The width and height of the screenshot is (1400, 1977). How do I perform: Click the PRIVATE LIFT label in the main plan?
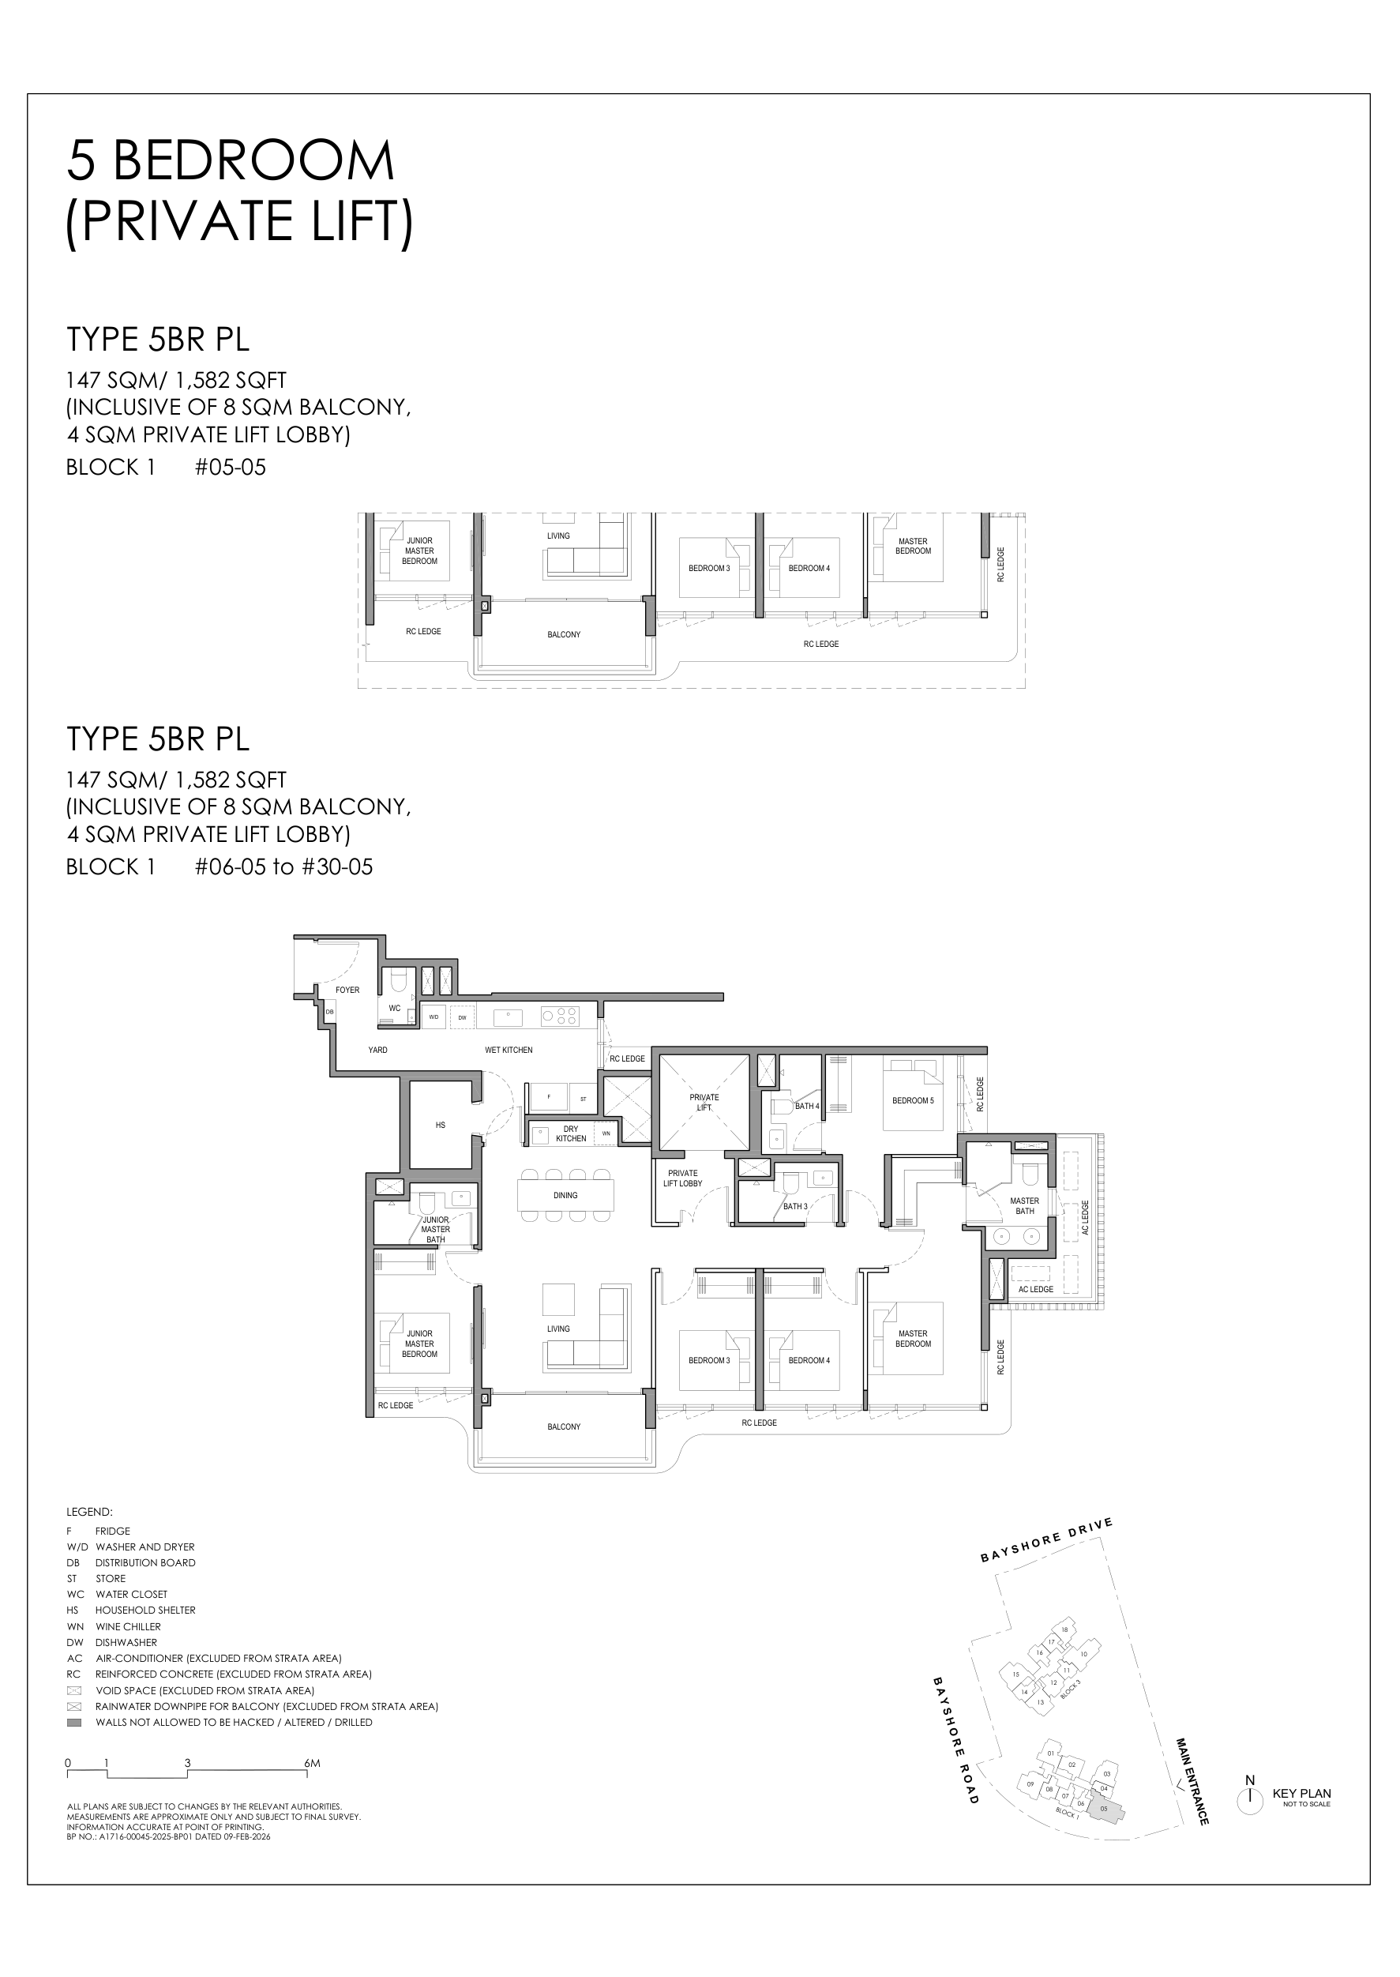click(x=704, y=1102)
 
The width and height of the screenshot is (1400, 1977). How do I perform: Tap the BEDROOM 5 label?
click(x=912, y=1100)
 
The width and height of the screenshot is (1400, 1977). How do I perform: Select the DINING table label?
click(x=565, y=1195)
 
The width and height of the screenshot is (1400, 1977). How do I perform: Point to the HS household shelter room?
click(x=441, y=1126)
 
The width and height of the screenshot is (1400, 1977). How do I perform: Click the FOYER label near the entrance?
click(x=347, y=990)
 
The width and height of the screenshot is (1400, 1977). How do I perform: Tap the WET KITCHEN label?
click(x=509, y=1051)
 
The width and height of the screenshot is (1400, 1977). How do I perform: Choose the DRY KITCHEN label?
click(x=571, y=1133)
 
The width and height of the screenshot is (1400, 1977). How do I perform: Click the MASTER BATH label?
click(x=1024, y=1205)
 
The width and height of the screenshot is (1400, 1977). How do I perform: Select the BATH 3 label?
click(x=795, y=1206)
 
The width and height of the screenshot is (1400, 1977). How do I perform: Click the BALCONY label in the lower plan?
click(x=564, y=1427)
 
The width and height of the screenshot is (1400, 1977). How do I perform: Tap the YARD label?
click(x=377, y=1051)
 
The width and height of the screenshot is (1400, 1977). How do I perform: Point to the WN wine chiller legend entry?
click(x=112, y=1626)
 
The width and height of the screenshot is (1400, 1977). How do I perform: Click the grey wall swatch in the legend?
click(x=74, y=1722)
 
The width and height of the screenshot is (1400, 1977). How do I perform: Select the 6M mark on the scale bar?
click(x=311, y=1763)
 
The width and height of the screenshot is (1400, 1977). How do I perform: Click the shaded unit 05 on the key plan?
click(x=1106, y=1809)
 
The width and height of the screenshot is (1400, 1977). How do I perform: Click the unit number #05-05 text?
click(x=230, y=468)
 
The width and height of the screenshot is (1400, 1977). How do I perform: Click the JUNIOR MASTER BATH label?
click(x=435, y=1230)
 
